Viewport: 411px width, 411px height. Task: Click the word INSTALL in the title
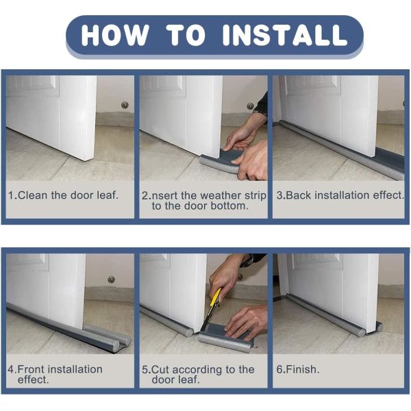(286, 35)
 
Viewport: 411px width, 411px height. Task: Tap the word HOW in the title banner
(115, 35)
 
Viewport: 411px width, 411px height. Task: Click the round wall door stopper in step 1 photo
(125, 105)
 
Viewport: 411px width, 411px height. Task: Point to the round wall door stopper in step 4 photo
(112, 279)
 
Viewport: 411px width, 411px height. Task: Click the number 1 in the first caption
(11, 195)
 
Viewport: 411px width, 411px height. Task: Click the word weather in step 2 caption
(221, 195)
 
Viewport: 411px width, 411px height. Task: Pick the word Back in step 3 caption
(299, 195)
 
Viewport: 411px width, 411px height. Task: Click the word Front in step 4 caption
(32, 369)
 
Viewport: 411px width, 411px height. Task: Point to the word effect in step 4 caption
(33, 379)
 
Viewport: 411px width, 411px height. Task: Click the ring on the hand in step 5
(245, 327)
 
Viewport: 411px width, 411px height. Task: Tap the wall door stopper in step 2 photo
(250, 106)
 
